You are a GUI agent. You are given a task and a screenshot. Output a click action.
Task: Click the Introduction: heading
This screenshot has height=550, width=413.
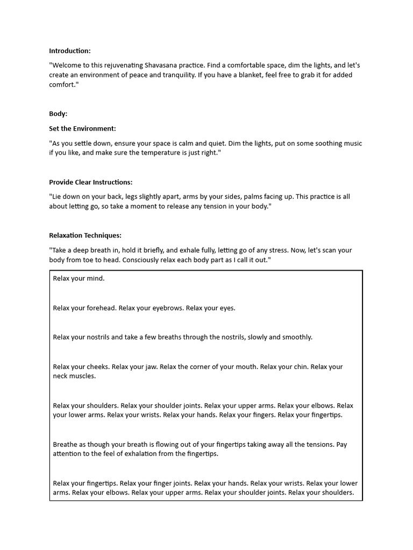click(70, 51)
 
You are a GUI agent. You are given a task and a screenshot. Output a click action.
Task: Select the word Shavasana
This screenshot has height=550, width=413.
click(188, 66)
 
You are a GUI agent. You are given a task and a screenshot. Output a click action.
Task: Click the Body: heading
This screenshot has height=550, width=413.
click(58, 114)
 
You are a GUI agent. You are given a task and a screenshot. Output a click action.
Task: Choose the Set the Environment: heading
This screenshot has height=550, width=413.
click(82, 129)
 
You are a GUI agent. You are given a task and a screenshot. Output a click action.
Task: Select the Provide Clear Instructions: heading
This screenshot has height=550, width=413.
click(91, 182)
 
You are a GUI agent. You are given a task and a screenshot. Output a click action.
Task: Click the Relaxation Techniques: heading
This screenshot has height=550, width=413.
click(85, 235)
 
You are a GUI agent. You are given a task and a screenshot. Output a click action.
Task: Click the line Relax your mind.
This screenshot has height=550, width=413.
click(79, 279)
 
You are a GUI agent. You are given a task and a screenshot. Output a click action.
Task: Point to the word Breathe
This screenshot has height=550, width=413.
click(66, 445)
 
